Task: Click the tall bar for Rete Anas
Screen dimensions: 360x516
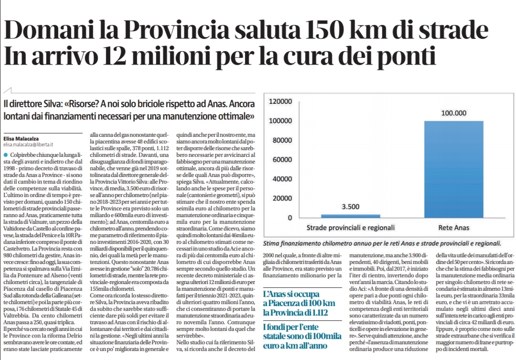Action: point(453,169)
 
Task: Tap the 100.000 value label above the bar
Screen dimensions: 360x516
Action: point(453,113)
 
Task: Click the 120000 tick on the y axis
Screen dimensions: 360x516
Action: point(280,102)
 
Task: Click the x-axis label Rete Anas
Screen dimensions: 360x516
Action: point(453,227)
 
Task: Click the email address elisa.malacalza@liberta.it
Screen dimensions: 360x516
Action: point(28,144)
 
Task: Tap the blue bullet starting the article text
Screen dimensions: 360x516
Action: point(5,155)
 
